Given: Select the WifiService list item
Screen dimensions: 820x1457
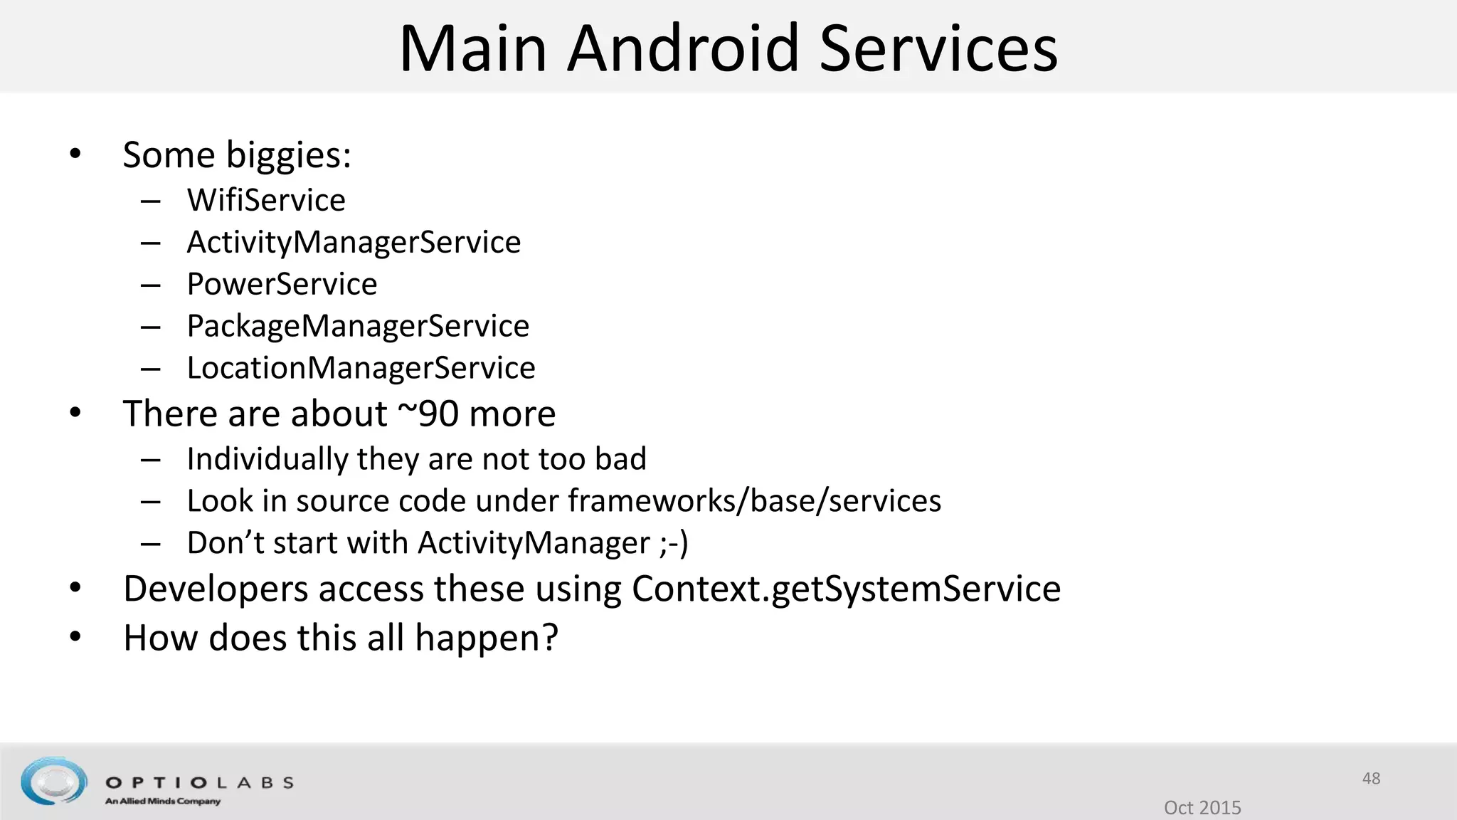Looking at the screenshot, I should pyautogui.click(x=266, y=200).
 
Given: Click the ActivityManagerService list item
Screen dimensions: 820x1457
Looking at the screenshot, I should pyautogui.click(x=354, y=242).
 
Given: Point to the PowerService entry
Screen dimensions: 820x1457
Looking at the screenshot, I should pyautogui.click(x=282, y=284).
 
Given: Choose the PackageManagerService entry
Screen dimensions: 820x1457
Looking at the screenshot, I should pyautogui.click(x=358, y=326).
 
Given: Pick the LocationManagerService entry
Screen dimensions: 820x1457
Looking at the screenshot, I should pyautogui.click(x=361, y=368).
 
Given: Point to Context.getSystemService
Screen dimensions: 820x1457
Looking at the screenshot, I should pyautogui.click(x=846, y=589).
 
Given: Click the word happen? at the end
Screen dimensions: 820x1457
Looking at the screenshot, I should pyautogui.click(x=487, y=638).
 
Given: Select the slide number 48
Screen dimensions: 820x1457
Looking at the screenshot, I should pyautogui.click(x=1371, y=778).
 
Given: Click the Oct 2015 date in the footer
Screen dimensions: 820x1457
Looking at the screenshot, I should pyautogui.click(x=1202, y=807).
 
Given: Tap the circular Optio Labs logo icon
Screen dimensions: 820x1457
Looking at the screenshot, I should pyautogui.click(x=53, y=781).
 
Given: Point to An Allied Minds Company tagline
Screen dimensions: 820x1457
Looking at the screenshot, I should pyautogui.click(x=163, y=801).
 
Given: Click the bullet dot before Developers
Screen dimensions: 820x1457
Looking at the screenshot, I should pyautogui.click(x=76, y=589).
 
